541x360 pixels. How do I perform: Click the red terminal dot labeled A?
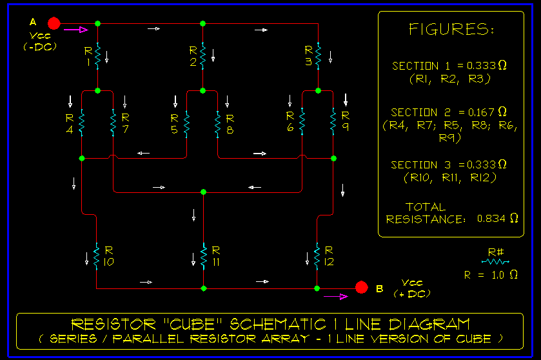click(x=54, y=24)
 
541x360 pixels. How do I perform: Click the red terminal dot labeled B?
click(x=362, y=287)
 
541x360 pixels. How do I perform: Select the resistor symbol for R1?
click(x=97, y=57)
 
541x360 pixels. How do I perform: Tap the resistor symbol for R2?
click(x=202, y=57)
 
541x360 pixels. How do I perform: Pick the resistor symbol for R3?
click(x=319, y=57)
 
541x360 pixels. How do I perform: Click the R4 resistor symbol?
click(x=82, y=122)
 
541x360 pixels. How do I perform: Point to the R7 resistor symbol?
click(x=113, y=122)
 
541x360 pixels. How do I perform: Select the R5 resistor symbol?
click(x=186, y=122)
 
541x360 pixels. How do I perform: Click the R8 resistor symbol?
click(x=217, y=122)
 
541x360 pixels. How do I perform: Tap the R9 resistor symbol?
click(x=333, y=122)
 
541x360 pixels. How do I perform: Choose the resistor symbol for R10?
click(x=96, y=257)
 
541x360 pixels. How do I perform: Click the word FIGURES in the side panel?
click(x=451, y=30)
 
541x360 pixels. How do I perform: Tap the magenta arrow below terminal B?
click(x=335, y=297)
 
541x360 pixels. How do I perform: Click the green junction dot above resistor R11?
click(x=203, y=192)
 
